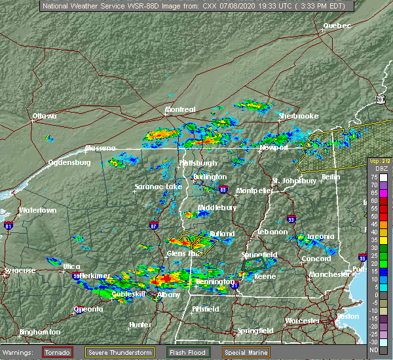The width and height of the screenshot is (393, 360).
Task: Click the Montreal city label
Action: tap(180, 109)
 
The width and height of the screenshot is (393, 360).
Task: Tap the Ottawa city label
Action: tap(45, 117)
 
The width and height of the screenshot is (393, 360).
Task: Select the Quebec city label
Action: tap(337, 26)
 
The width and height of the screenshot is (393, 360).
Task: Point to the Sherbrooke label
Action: tap(298, 116)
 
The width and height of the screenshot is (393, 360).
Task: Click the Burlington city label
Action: tap(210, 177)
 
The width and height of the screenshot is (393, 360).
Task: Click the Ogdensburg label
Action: tap(69, 162)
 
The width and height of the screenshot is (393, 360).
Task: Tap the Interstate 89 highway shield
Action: tap(224, 190)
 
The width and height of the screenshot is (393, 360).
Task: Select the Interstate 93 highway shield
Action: tap(291, 220)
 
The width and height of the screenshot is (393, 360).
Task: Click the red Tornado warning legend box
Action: tap(58, 351)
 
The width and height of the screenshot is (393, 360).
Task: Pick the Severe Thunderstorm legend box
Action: tap(121, 351)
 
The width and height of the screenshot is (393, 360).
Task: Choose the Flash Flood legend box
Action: tap(189, 351)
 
